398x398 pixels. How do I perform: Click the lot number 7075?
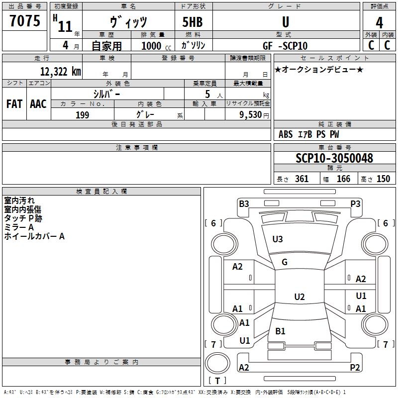(x=25, y=20)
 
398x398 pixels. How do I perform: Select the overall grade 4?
(x=379, y=23)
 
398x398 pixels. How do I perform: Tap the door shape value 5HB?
(x=193, y=22)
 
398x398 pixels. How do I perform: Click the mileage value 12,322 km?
(x=61, y=71)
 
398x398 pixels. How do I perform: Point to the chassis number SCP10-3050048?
(x=334, y=158)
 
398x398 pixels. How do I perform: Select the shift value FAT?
(x=14, y=104)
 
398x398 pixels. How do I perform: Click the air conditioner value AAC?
(x=38, y=104)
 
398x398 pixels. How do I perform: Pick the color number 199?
(x=82, y=115)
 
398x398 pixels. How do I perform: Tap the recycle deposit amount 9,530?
(x=251, y=115)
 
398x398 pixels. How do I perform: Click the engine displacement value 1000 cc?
(x=156, y=46)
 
